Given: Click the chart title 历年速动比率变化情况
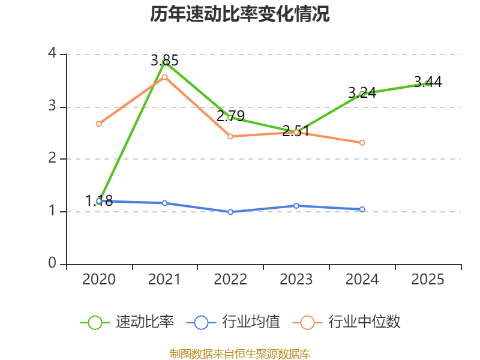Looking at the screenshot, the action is coord(239,14).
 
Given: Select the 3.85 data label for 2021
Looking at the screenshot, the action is coord(164,61).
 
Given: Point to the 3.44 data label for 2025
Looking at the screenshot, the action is coord(428,82).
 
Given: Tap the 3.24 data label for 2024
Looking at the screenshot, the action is coord(362,92).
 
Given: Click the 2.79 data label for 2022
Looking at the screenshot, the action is coord(230,116).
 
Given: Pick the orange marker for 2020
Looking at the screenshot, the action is coord(99,124).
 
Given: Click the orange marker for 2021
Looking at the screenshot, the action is coord(164,77).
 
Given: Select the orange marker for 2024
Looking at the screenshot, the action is coord(362,143).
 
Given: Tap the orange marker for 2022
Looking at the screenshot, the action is coord(230,136).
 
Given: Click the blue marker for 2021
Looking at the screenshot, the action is coord(164,203).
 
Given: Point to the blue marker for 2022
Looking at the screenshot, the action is coord(230,212).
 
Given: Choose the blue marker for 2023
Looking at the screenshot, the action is coord(296,206).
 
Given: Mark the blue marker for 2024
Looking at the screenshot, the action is coord(362,209).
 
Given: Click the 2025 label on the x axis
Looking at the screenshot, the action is coord(428,279).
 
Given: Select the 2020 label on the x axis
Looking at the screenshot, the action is coord(99,279).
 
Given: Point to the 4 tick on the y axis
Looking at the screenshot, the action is coord(52,53).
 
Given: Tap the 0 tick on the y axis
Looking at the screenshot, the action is coord(52,263).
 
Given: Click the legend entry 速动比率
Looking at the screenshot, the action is coord(127,322).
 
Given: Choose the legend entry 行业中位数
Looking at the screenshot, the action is coord(347,322).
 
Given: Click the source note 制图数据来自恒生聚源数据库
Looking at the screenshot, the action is coord(240,354).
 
